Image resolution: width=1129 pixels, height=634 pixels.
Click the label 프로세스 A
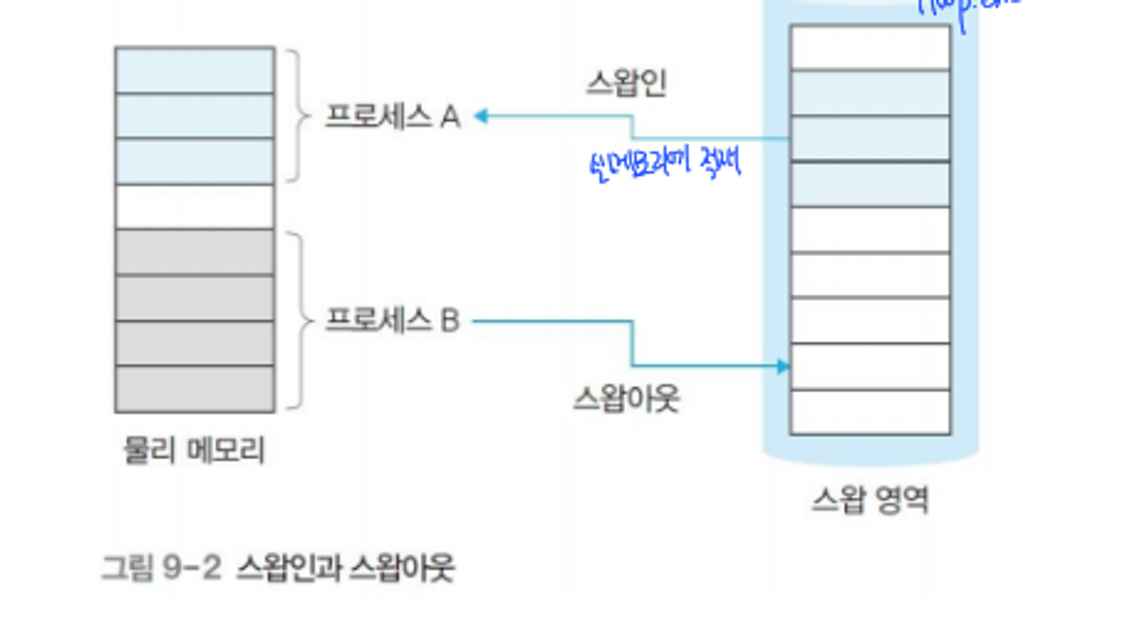point(393,117)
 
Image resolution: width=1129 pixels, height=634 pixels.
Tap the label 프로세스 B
point(393,320)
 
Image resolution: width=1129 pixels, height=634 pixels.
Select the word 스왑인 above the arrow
point(626,83)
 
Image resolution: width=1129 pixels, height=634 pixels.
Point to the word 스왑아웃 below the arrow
point(626,399)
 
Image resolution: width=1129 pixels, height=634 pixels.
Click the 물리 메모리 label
point(194,449)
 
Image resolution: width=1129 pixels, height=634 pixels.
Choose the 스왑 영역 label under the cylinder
point(870,500)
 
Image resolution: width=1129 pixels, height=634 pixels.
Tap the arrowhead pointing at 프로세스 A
point(481,117)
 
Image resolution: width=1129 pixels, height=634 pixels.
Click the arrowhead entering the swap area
point(783,366)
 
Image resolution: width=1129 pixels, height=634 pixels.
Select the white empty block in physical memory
point(195,207)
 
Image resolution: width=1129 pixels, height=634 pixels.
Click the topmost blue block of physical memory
point(195,70)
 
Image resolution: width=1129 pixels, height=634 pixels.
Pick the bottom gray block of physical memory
point(195,389)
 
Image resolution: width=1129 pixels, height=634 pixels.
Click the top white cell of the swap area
point(870,47)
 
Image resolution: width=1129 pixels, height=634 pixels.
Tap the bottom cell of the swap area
point(870,412)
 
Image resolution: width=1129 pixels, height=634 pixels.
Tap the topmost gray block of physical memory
point(195,252)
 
